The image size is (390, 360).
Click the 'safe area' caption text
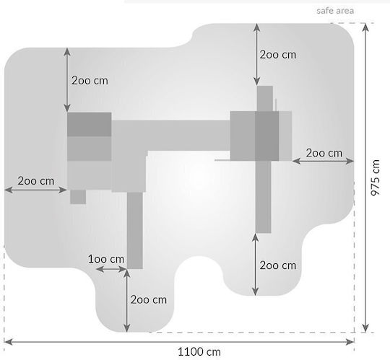(x=335, y=11)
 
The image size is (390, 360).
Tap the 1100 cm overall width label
(x=199, y=352)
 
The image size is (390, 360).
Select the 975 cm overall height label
(x=376, y=177)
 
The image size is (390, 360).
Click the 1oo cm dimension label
(x=106, y=259)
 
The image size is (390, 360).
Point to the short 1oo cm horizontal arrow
(x=111, y=269)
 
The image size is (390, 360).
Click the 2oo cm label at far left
(x=36, y=181)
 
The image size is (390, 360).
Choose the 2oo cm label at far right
(x=324, y=153)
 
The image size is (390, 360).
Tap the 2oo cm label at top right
(x=278, y=55)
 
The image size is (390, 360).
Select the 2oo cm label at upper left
(x=90, y=81)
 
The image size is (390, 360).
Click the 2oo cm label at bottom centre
(x=149, y=299)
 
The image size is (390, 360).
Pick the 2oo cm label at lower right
(x=278, y=265)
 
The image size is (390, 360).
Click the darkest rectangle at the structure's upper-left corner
(x=90, y=125)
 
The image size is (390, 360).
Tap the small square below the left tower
(x=78, y=197)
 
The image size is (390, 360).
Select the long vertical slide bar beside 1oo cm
(x=135, y=231)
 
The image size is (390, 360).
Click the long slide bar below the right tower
(x=263, y=197)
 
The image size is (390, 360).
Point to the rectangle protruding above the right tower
(x=265, y=99)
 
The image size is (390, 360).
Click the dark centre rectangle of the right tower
(x=267, y=136)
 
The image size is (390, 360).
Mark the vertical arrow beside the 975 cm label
(x=365, y=178)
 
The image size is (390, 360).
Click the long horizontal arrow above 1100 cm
(x=179, y=342)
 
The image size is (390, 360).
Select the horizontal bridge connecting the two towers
(x=171, y=136)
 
